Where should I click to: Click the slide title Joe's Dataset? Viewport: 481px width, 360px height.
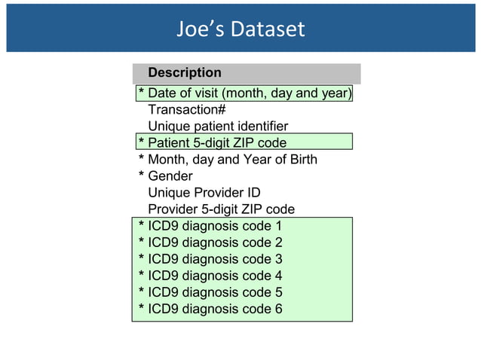point(240,29)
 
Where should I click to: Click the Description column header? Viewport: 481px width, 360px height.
point(185,73)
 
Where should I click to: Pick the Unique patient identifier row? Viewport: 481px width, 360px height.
point(218,127)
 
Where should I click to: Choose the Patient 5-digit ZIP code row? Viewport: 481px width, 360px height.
point(217,142)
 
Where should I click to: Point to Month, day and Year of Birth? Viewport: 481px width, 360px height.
point(232,160)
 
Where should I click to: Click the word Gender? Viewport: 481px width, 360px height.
point(170,176)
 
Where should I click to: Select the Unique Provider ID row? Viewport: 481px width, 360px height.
point(204,193)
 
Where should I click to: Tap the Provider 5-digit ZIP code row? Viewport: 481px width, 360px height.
point(221,209)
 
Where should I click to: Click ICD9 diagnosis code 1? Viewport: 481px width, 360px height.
point(215,226)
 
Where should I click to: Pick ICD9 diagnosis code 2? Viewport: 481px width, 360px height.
point(215,243)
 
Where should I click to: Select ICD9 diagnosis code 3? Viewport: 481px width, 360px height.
point(215,259)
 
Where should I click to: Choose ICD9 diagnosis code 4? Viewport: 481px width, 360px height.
point(215,276)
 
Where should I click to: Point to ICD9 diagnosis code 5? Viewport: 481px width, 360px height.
point(215,292)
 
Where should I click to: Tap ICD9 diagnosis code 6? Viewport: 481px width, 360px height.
point(215,309)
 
